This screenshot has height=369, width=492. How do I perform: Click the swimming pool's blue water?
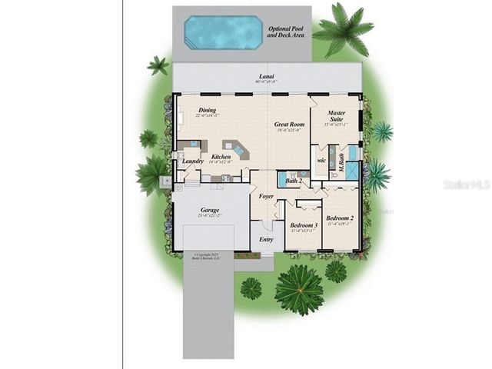click(221, 32)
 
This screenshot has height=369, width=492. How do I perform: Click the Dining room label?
click(207, 110)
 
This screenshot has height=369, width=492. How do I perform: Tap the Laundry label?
click(193, 161)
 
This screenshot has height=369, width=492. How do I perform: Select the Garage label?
click(210, 210)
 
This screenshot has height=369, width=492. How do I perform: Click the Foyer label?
click(266, 196)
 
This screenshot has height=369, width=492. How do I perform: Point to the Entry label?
click(266, 239)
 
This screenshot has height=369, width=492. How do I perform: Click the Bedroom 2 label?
click(339, 218)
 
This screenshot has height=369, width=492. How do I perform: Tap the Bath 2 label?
click(293, 181)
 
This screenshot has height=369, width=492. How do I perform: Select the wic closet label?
click(321, 161)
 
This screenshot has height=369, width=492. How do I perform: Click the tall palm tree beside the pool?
click(338, 29)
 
